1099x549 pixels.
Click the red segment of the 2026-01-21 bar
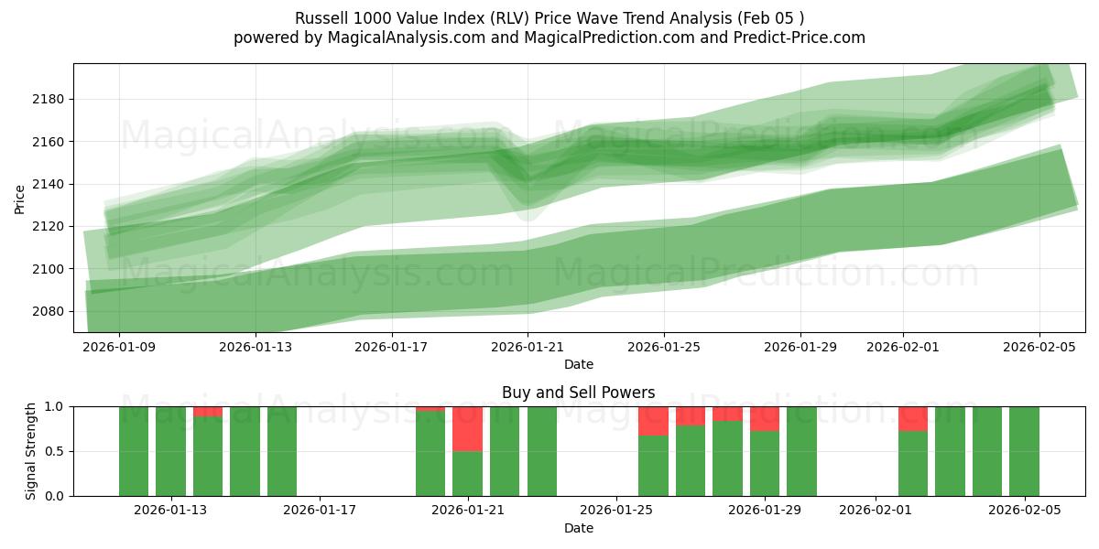click(467, 428)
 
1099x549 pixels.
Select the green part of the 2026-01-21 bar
click(467, 473)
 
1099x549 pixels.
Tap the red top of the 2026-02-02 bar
click(912, 418)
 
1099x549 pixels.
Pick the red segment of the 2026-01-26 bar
click(653, 421)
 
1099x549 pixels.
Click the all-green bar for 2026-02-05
click(1024, 451)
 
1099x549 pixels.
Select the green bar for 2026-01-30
click(801, 451)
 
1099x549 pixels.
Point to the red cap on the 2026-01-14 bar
click(208, 412)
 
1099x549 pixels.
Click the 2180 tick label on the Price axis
click(50, 99)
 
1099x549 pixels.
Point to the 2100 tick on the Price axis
click(50, 269)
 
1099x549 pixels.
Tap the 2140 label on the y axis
click(50, 184)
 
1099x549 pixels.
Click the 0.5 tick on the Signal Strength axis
click(54, 451)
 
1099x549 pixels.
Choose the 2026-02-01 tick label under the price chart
click(903, 347)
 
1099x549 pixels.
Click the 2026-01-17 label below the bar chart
click(320, 511)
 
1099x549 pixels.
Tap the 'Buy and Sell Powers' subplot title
click(578, 393)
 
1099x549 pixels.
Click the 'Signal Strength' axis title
click(31, 451)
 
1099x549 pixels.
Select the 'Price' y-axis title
click(20, 198)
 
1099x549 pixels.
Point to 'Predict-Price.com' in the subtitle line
click(803, 38)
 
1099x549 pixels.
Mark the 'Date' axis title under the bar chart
click(578, 528)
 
